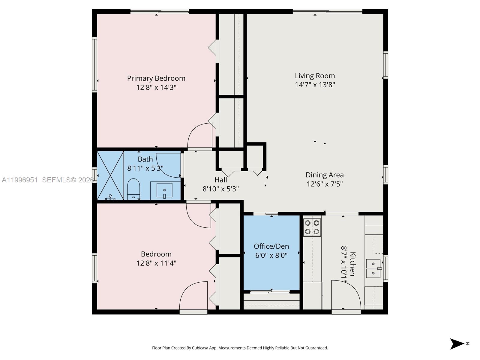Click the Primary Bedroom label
156,78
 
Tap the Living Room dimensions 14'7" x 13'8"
315,85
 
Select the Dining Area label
325,175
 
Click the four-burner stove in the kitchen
312,227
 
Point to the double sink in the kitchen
373,268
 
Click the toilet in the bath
133,189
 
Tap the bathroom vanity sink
164,190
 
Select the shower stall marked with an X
110,175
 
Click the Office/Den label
271,246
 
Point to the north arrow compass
457,344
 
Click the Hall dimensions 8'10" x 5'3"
220,189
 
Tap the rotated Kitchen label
353,264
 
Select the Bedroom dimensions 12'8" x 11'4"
156,263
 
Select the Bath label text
145,159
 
